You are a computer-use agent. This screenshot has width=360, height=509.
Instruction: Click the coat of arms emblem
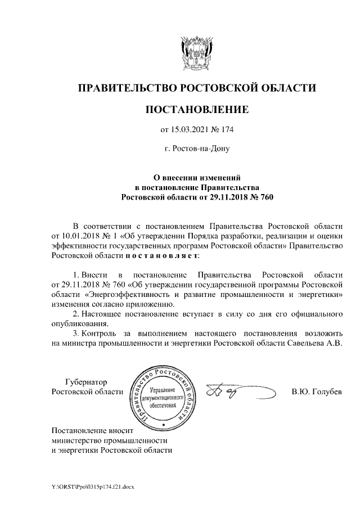[x=196, y=53]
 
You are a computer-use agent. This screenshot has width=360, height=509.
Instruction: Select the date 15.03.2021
[x=190, y=130]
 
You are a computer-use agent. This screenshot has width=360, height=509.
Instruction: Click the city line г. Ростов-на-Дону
[x=196, y=150]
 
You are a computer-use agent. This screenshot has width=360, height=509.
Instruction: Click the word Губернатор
[x=85, y=381]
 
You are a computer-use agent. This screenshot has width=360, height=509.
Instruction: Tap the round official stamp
[x=164, y=397]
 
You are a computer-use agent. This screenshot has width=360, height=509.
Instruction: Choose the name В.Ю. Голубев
[x=316, y=391]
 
